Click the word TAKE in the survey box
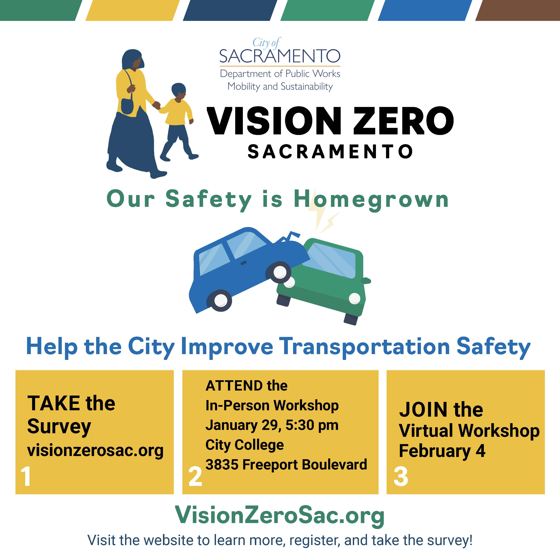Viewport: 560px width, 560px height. [54, 403]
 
